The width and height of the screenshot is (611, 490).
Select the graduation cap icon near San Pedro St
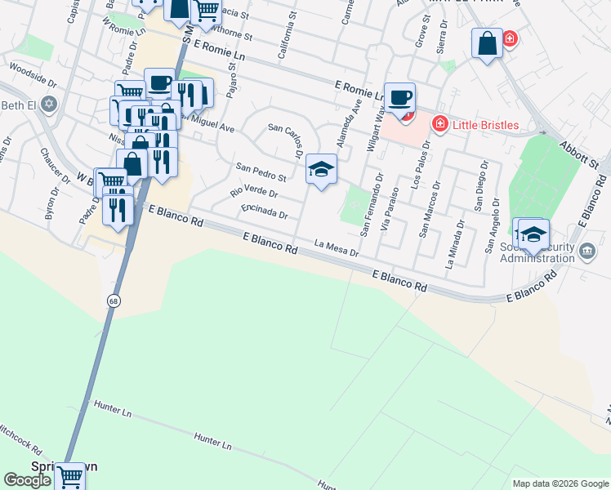321,170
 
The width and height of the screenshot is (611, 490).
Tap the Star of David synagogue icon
48,104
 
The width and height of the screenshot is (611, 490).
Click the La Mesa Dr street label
337,247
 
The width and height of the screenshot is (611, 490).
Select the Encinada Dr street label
265,212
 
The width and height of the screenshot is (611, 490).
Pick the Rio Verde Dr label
254,193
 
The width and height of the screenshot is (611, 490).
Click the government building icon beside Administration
587,251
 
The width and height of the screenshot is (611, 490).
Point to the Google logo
27,480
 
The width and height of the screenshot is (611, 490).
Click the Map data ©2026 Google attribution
560,483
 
